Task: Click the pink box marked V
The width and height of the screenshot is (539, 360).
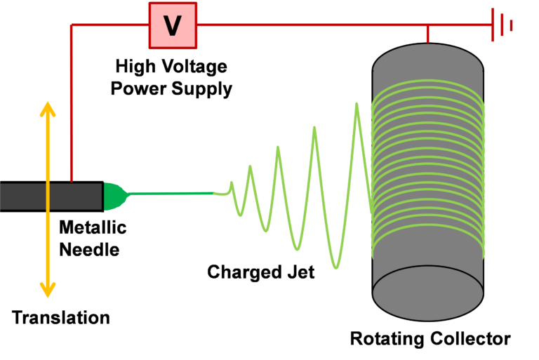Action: tap(173, 25)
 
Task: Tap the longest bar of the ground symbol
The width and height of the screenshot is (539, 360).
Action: tap(493, 25)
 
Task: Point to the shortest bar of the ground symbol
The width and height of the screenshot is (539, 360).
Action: tap(512, 25)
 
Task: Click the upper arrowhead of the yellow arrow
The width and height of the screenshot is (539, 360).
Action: tap(47, 109)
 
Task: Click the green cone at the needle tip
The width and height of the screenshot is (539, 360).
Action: tap(113, 196)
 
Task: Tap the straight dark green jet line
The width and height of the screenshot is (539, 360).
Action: tap(175, 193)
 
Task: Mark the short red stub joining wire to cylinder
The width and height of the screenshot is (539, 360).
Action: tap(427, 34)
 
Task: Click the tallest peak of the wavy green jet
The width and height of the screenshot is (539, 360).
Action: tap(357, 105)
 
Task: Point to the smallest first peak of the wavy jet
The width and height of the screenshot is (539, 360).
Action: tap(249, 168)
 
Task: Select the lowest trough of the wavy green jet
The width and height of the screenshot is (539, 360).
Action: tap(337, 267)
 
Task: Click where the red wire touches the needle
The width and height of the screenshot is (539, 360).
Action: tap(71, 180)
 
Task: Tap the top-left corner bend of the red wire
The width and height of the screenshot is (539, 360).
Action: tap(71, 25)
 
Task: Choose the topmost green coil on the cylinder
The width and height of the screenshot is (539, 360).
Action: tap(427, 86)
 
